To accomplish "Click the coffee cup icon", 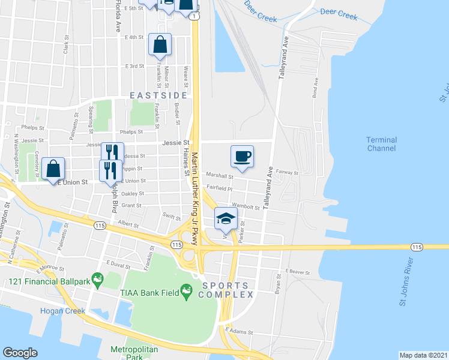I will pos(242,157).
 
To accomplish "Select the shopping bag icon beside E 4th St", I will pos(160,44).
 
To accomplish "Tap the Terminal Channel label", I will pos(382,144).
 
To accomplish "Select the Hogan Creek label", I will pos(60,311).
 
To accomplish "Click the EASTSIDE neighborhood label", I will pos(158,95).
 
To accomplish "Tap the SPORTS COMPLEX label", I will pos(228,290).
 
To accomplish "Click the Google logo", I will pos(20,353).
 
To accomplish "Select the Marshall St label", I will pos(220,176).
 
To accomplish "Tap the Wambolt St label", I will pos(246,208).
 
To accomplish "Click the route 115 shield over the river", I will pos(417,247).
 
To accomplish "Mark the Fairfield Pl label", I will pos(220,187).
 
